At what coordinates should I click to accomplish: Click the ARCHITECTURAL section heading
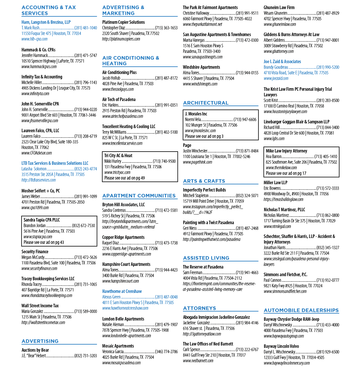pos(206,103)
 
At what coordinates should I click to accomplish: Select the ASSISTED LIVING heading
pos(206,258)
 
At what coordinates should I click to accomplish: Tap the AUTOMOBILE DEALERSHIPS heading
pos(301,310)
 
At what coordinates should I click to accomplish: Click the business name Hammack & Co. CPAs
pos(39,50)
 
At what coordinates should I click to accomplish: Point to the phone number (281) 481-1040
pos(86,28)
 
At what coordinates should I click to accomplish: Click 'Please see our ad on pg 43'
pos(44,242)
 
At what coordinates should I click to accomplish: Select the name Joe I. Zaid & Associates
pos(282,61)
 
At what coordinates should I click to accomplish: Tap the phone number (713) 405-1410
pos(326,157)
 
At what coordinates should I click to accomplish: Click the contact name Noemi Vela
pos(193,120)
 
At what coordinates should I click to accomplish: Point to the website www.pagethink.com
pos(197,162)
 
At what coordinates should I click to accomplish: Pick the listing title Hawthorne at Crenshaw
pos(122,291)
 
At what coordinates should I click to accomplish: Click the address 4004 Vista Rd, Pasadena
pos(212,278)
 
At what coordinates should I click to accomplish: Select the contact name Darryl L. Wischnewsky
pos(279,352)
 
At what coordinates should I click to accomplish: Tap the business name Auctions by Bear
pos(35,350)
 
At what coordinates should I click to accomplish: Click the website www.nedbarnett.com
pos(198,361)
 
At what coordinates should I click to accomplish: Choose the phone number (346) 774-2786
pos(166,352)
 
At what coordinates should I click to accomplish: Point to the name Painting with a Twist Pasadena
pos(209,222)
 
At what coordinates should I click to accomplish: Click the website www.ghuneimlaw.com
pos(280,24)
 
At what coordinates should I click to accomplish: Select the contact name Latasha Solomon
pos(34,169)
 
